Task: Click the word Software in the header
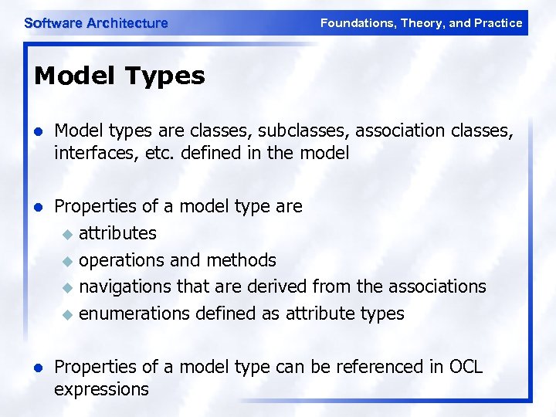pos(53,23)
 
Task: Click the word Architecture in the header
pos(127,23)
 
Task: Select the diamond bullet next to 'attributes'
pos(67,234)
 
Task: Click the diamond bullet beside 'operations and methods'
pos(67,261)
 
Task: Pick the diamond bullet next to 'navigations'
pos(67,287)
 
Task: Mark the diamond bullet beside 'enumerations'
pos(67,314)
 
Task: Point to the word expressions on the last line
pos(101,388)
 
